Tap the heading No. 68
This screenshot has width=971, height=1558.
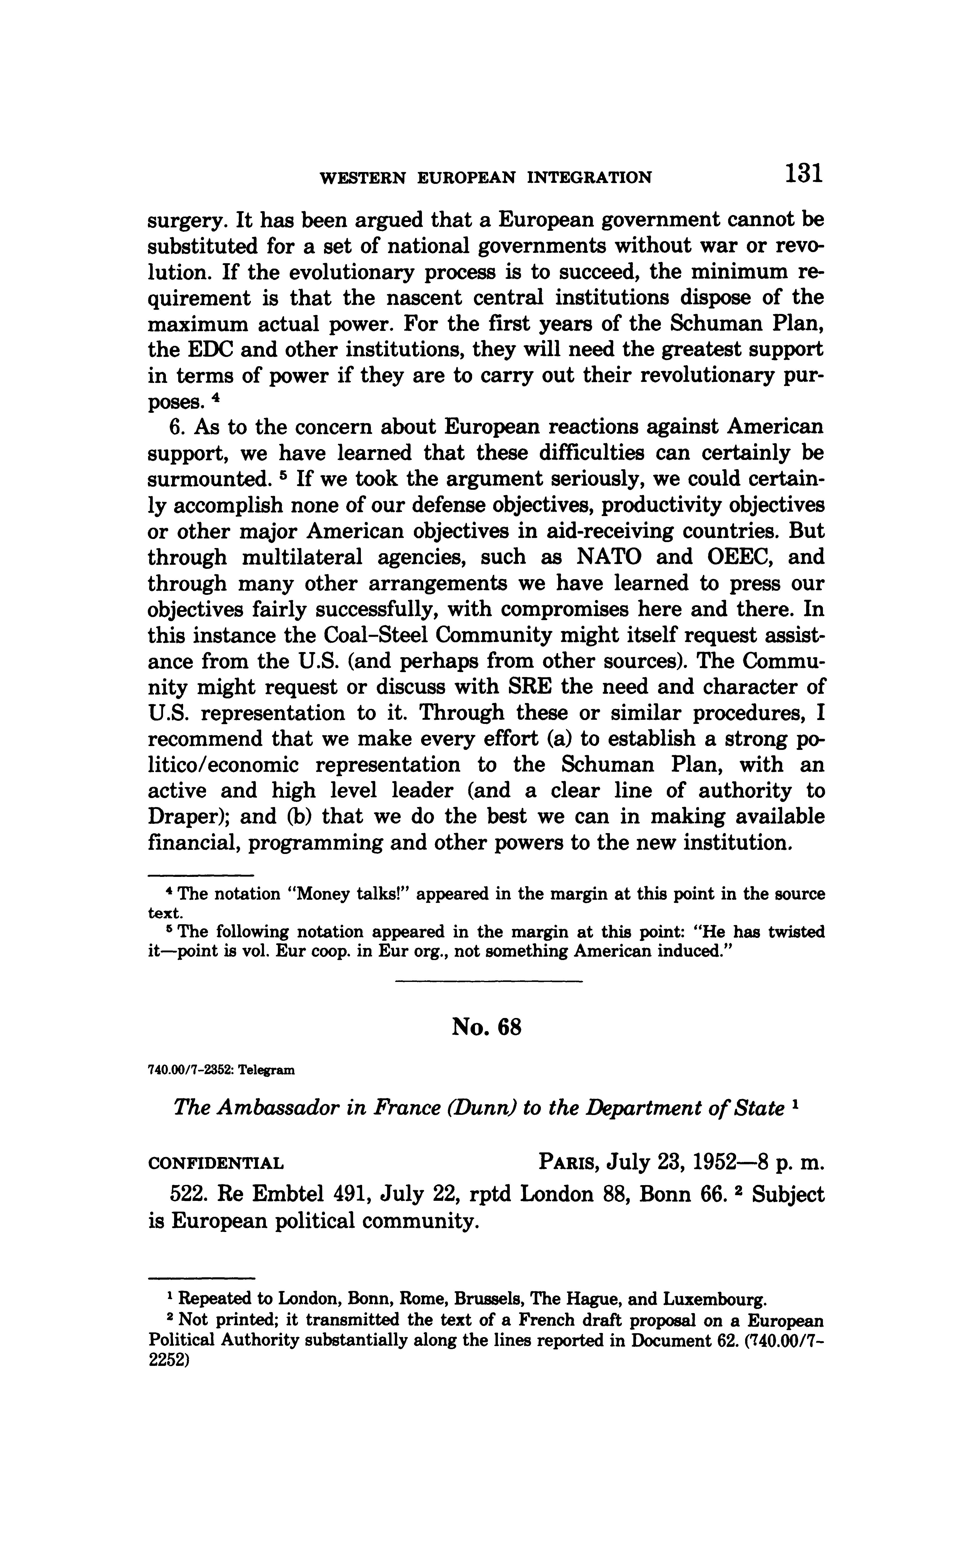pyautogui.click(x=486, y=1028)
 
